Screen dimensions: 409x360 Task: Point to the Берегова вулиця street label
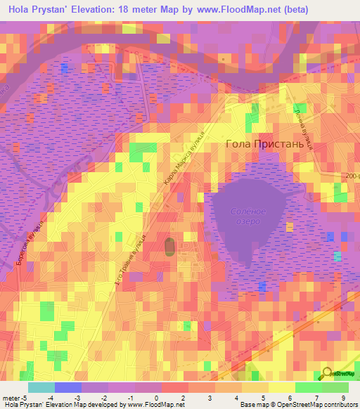[30, 242]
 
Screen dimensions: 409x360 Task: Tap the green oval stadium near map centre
[169, 247]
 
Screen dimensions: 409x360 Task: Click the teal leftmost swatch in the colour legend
[41, 387]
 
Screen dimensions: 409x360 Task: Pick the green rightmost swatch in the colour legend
[335, 387]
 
